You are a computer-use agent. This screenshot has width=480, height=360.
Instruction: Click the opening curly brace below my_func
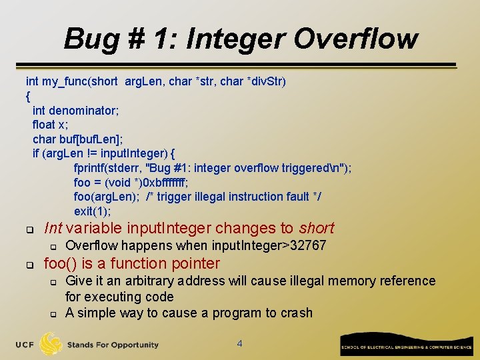28,96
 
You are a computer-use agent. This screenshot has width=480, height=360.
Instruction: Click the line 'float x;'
51,125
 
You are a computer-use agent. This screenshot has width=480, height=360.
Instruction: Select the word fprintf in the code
91,168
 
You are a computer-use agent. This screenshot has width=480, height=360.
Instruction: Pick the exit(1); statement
93,211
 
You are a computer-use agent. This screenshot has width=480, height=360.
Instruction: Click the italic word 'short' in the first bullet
317,228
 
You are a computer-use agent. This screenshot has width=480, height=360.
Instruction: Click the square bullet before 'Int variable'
29,229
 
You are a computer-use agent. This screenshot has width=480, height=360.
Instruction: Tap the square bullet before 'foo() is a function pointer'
29,265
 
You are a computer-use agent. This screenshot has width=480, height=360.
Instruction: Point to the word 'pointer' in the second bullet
195,263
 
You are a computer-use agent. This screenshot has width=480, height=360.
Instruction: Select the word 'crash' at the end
296,313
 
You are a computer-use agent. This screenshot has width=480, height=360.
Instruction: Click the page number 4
240,344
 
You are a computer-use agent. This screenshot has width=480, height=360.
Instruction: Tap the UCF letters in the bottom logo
24,345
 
